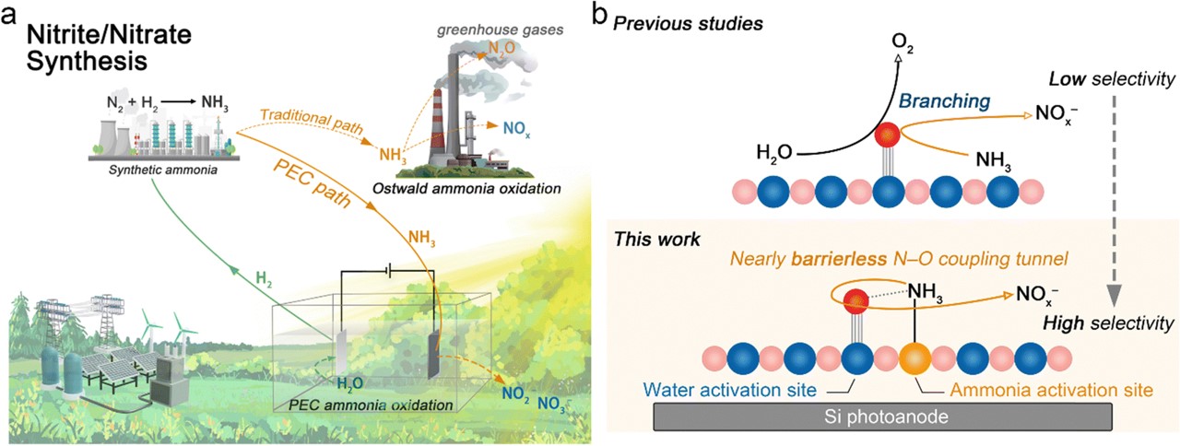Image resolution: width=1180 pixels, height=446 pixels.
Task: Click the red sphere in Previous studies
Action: click(x=887, y=135)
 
